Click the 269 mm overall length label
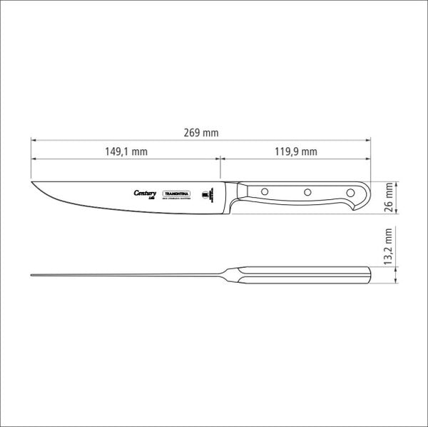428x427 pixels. pyautogui.click(x=200, y=133)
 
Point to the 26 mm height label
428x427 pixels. pyautogui.click(x=389, y=194)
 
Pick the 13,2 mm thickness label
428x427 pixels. pyautogui.click(x=389, y=247)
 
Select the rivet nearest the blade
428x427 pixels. pyautogui.click(x=264, y=191)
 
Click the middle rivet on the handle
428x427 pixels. pyautogui.click(x=307, y=191)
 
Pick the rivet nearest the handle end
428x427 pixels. pyautogui.click(x=350, y=191)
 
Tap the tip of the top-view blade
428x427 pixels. pyautogui.click(x=33, y=276)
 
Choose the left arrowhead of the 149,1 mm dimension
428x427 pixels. pyautogui.click(x=34, y=159)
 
